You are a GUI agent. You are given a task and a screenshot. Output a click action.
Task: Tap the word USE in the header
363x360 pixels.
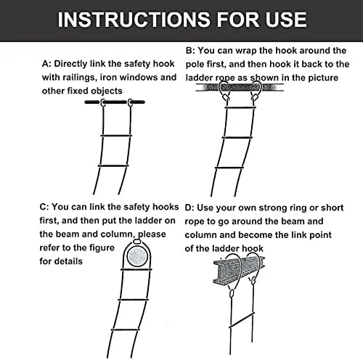click(x=287, y=20)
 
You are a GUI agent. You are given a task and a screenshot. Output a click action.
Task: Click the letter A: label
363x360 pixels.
click(x=46, y=64)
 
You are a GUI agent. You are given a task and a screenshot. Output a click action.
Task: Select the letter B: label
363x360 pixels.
click(x=190, y=51)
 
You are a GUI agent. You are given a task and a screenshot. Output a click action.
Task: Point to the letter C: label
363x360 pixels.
click(x=44, y=207)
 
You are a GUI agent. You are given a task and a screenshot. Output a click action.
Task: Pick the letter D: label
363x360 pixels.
click(x=189, y=208)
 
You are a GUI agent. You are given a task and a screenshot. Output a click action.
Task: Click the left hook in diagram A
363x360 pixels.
click(x=103, y=102)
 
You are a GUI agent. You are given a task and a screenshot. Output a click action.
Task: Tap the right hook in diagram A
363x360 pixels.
click(x=130, y=102)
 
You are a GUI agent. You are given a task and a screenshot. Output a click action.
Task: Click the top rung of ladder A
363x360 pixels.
click(x=116, y=136)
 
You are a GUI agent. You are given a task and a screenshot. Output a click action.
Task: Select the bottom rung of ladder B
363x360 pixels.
click(x=229, y=168)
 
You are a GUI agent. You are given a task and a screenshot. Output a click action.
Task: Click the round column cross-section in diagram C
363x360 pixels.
click(x=137, y=256)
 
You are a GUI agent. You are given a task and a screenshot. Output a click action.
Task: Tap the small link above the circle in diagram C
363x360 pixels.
click(x=137, y=242)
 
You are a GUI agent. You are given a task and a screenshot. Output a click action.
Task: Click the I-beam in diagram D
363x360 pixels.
click(x=239, y=269)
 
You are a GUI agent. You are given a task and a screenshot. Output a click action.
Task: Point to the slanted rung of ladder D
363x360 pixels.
click(x=242, y=321)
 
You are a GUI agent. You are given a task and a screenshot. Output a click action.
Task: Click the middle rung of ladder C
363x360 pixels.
click(x=131, y=300)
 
